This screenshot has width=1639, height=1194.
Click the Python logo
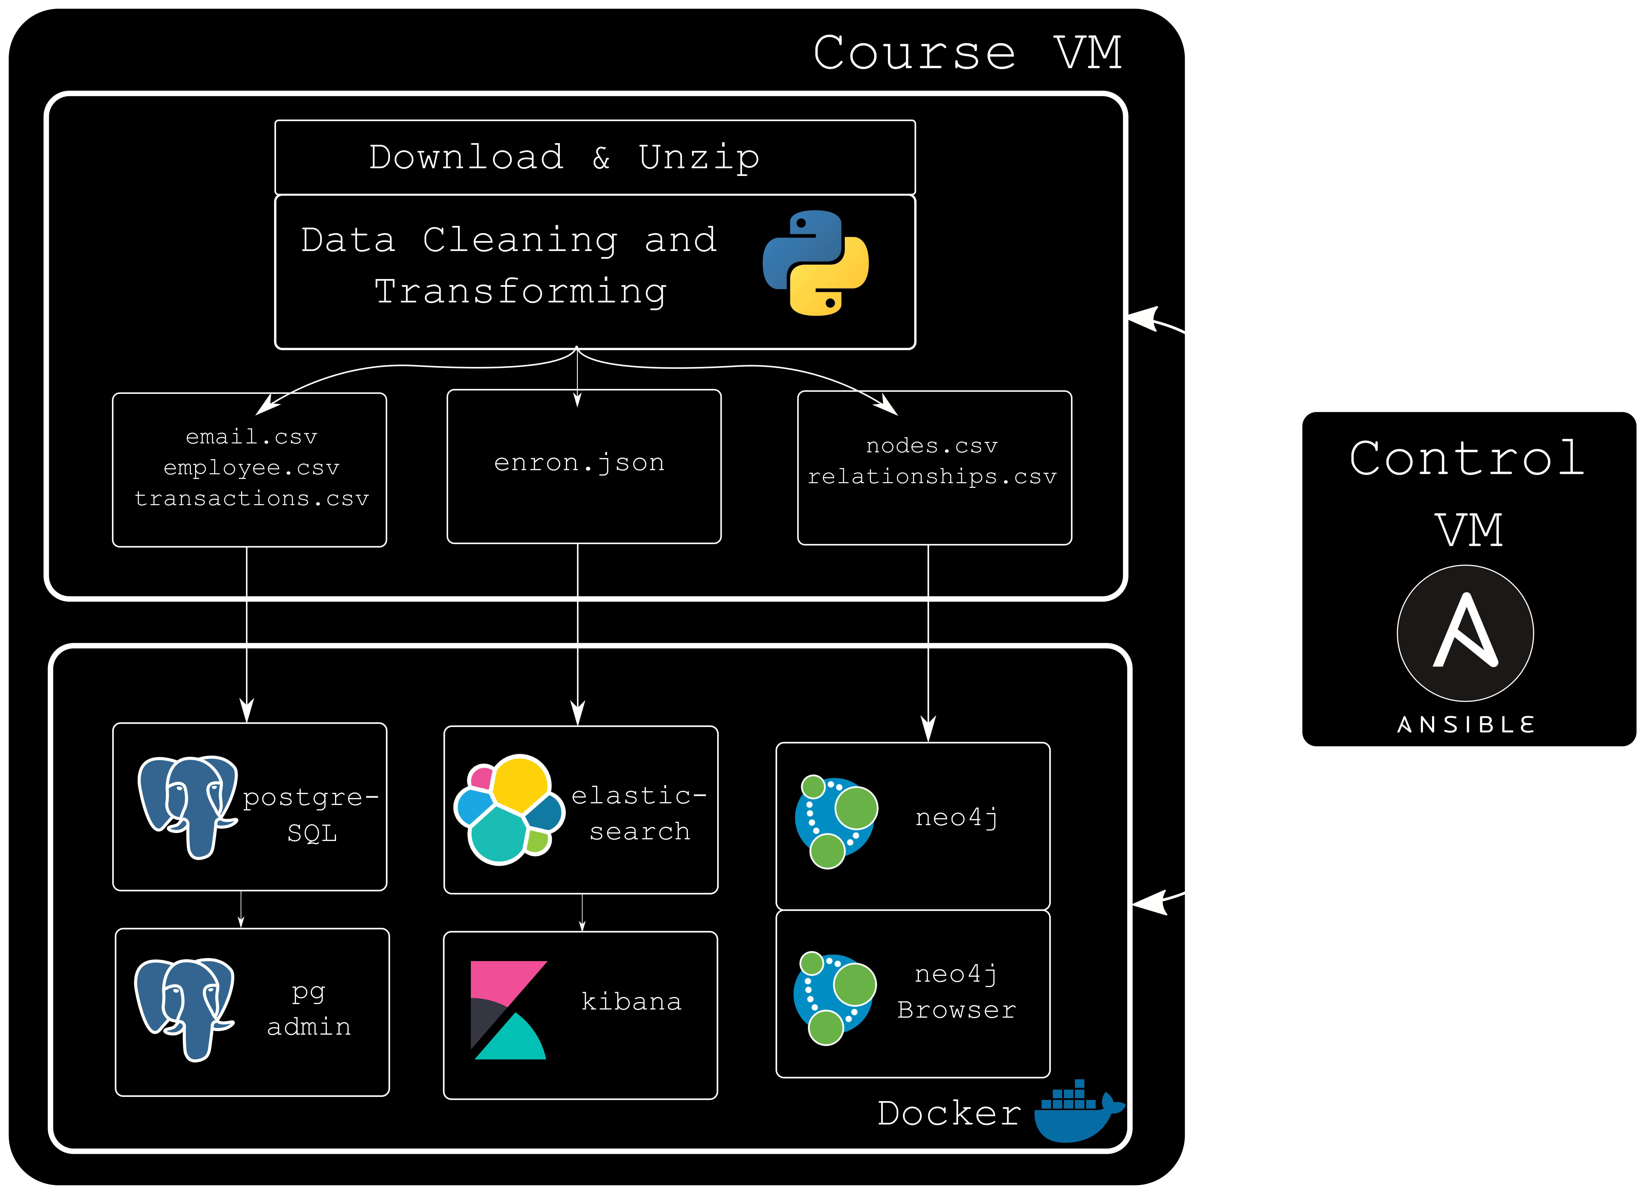(815, 263)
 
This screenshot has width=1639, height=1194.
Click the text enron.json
(579, 463)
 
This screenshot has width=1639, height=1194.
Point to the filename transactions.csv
(252, 499)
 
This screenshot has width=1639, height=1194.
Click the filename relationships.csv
(932, 477)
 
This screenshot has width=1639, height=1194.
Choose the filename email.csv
(252, 437)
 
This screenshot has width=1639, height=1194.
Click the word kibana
(631, 1002)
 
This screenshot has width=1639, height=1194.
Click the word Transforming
(521, 292)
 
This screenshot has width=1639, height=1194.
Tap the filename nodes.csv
(932, 446)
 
